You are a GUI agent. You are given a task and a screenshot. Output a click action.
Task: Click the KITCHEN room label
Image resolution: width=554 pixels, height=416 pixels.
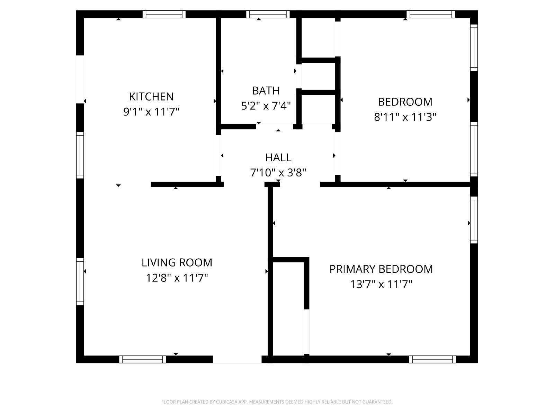(151, 96)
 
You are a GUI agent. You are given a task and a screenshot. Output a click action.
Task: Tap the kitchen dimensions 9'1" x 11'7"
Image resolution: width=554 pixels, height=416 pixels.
(151, 112)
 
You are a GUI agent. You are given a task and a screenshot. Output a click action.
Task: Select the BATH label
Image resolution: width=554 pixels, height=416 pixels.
(266, 91)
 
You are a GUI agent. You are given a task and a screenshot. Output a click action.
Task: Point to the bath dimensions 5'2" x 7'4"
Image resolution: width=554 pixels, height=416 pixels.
(266, 106)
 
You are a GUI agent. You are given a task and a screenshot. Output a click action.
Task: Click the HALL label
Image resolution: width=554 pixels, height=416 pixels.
(278, 158)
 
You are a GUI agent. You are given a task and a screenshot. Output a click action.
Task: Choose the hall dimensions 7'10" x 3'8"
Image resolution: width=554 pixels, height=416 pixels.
(278, 173)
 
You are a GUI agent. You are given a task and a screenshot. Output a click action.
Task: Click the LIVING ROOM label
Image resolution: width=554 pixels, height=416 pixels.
(177, 263)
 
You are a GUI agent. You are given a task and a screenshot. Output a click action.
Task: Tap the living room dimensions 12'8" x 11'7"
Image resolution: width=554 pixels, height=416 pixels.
(177, 278)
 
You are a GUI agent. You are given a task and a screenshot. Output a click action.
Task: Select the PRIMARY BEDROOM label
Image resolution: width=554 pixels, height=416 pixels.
(381, 269)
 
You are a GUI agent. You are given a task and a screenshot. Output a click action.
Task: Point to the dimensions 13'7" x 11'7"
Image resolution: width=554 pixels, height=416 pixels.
(381, 284)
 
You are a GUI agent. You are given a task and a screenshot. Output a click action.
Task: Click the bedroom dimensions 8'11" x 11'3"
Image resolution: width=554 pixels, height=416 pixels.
(405, 117)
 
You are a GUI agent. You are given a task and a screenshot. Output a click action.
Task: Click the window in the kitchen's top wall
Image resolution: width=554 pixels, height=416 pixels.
(164, 14)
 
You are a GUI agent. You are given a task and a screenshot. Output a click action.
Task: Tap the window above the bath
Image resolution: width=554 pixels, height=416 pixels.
(268, 14)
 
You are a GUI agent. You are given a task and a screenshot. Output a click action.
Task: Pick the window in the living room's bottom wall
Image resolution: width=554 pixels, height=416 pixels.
(143, 359)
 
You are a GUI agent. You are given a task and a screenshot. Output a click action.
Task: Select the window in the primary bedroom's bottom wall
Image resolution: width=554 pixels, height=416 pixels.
(432, 359)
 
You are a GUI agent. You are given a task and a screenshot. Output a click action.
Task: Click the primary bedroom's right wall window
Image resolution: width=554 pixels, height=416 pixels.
(474, 220)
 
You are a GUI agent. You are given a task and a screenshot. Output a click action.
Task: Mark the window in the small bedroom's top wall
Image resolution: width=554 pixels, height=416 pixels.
(431, 14)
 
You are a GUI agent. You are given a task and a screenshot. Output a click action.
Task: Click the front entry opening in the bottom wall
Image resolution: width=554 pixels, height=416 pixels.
(237, 359)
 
